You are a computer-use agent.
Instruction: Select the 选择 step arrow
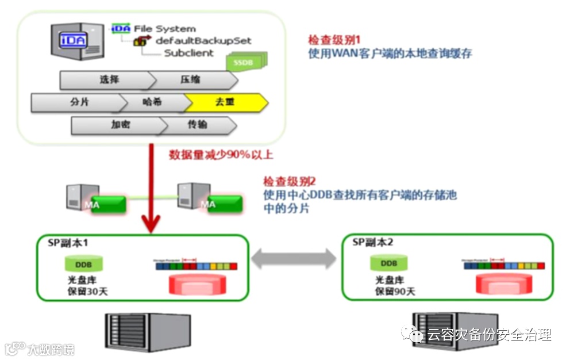[107, 80]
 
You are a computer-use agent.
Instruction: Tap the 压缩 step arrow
[190, 80]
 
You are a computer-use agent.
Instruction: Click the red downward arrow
[152, 189]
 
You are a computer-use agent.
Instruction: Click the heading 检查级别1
[333, 41]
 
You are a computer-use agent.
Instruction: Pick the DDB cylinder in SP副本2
[389, 263]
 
